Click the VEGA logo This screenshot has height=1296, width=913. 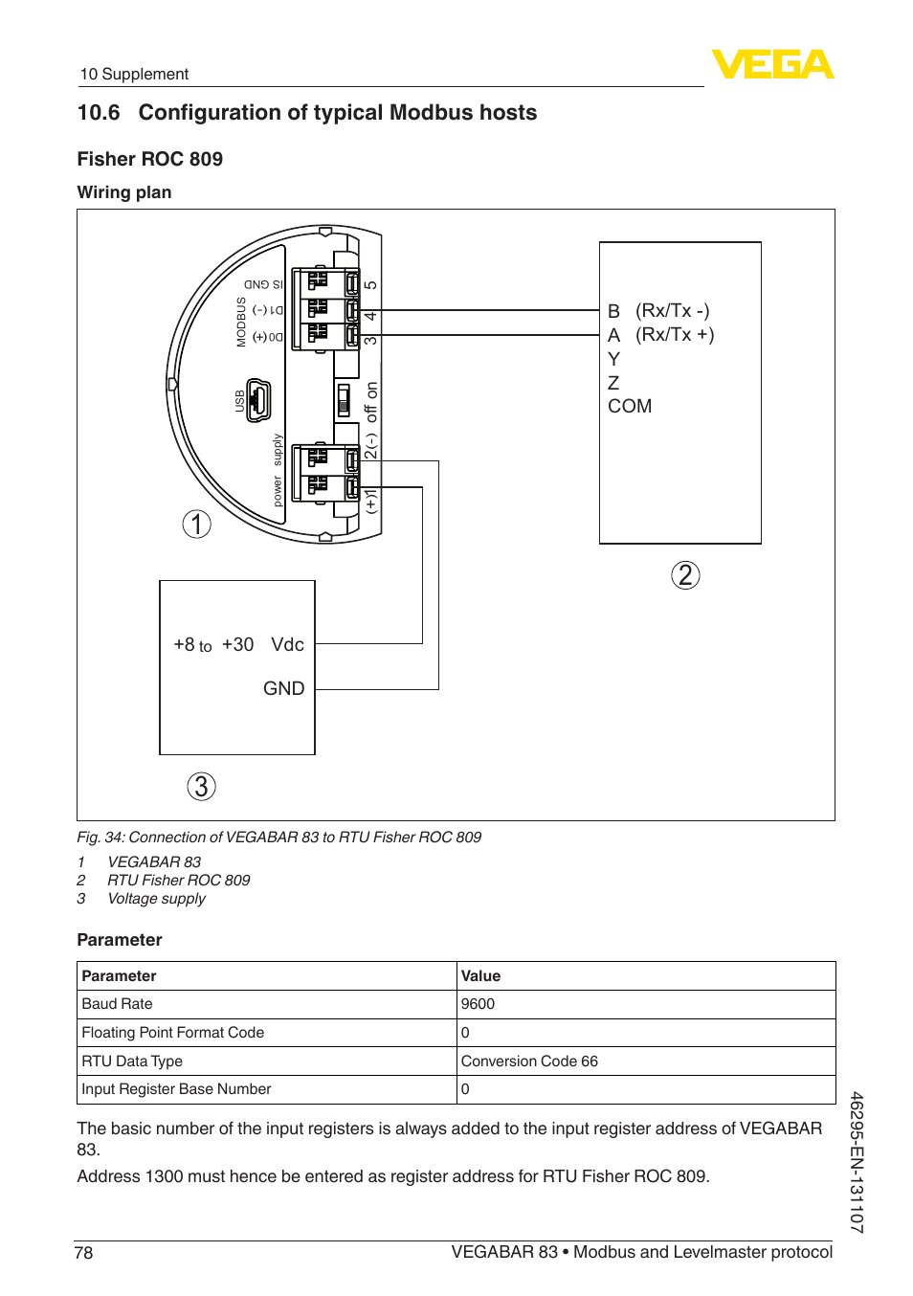pyautogui.click(x=772, y=64)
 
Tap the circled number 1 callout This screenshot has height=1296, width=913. pyautogui.click(x=197, y=524)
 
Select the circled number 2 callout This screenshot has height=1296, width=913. pyautogui.click(x=685, y=575)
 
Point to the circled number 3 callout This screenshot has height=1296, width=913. pyautogui.click(x=201, y=787)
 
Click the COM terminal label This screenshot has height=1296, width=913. pyautogui.click(x=630, y=406)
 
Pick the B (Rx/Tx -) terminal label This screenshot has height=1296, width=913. pyautogui.click(x=658, y=311)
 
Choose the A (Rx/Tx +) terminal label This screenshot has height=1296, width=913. pyautogui.click(x=660, y=335)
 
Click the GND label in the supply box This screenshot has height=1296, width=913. pyautogui.click(x=283, y=688)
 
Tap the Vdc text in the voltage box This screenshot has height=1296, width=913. pyautogui.click(x=287, y=644)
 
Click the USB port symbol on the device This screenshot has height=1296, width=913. pyautogui.click(x=258, y=400)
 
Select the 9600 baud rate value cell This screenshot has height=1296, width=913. pyautogui.click(x=478, y=1004)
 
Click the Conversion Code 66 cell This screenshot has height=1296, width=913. pyautogui.click(x=529, y=1061)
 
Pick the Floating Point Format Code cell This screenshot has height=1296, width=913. pyautogui.click(x=173, y=1033)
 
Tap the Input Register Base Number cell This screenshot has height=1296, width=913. pyautogui.click(x=177, y=1089)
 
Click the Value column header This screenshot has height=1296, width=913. pyautogui.click(x=480, y=976)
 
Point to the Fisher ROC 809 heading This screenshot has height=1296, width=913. pyautogui.click(x=150, y=159)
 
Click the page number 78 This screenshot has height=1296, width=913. pyautogui.click(x=84, y=1253)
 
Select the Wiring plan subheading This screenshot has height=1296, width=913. pyautogui.click(x=124, y=192)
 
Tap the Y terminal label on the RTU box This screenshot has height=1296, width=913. pyautogui.click(x=613, y=359)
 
